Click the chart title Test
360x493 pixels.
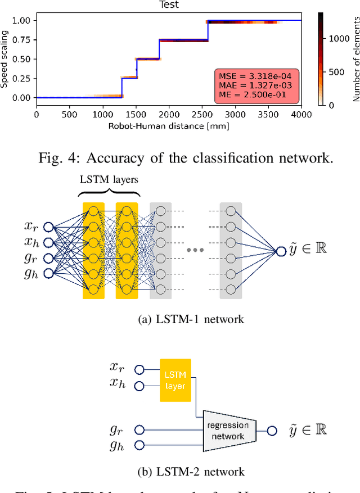coord(169,4)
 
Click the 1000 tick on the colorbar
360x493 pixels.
coord(336,38)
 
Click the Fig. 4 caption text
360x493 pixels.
coord(186,158)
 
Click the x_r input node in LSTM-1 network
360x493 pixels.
coord(48,227)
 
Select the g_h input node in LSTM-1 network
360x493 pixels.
coord(48,274)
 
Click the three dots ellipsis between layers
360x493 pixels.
coord(195,250)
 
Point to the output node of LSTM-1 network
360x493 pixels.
coord(281,251)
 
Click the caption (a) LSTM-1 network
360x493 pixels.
coord(191,319)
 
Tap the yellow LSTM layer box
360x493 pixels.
coord(175,380)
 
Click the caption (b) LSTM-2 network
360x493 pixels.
coord(191,471)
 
